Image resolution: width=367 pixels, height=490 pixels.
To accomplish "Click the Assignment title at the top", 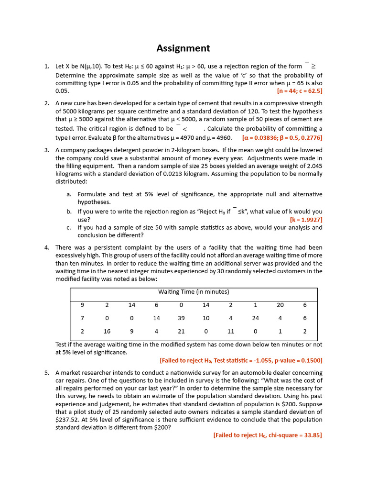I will point(183,48).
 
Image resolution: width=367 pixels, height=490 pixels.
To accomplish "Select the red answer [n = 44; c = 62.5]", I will point(299,90).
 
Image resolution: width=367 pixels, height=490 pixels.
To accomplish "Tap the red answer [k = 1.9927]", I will point(306,220).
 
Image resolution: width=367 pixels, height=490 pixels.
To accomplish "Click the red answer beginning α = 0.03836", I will point(282,138).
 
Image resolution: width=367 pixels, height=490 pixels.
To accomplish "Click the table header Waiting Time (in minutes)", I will point(194,292).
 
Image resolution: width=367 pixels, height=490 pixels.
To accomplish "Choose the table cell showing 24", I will point(256,318).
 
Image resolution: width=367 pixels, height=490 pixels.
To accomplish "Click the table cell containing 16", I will point(107,331).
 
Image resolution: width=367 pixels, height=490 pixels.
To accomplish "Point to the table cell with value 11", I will point(230,331).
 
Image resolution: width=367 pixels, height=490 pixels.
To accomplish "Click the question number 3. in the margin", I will point(47,150).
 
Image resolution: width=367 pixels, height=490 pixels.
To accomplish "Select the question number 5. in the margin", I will point(47,373).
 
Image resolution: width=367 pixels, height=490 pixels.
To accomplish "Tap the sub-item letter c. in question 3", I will point(69,228).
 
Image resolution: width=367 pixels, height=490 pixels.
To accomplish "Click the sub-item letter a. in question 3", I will point(69,194).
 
